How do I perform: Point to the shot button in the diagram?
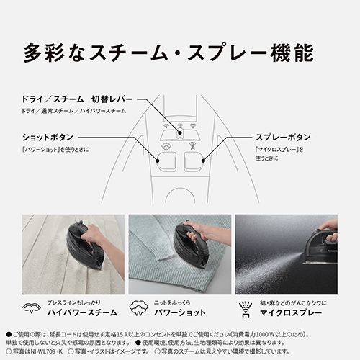(165, 158)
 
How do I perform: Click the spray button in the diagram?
(194, 158)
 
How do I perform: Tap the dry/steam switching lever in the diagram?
(180, 132)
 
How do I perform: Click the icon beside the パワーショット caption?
(140, 310)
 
